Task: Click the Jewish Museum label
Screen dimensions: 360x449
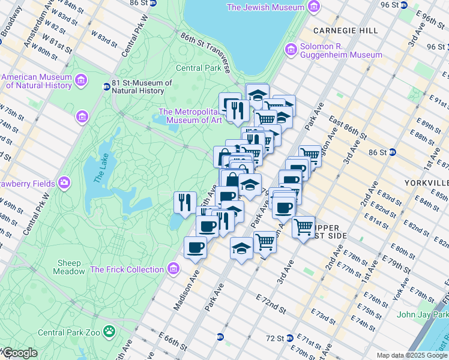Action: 265,7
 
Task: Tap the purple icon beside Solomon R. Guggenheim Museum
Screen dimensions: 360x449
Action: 291,48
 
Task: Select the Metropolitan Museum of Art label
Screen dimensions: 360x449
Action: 190,116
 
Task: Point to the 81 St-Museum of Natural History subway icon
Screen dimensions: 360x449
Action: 106,86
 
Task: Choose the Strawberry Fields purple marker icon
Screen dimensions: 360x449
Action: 64,183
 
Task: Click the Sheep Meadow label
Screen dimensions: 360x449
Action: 71,267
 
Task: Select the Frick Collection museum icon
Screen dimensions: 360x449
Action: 174,268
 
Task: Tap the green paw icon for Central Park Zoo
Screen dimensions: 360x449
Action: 109,331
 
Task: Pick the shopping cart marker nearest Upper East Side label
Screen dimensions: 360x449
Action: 304,227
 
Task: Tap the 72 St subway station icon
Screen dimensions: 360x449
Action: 289,338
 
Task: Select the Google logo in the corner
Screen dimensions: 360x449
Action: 19,353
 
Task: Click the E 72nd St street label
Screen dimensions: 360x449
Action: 270,302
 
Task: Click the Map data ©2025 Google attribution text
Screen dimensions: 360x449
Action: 411,355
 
